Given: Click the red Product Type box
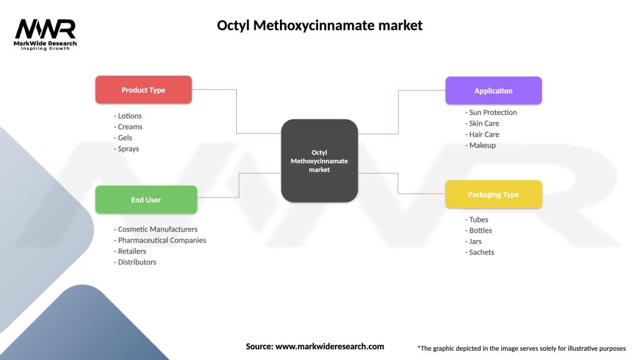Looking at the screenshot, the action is pyautogui.click(x=143, y=90).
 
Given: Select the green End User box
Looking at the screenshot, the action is pyautogui.click(x=146, y=200).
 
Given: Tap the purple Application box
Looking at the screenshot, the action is pyautogui.click(x=493, y=91).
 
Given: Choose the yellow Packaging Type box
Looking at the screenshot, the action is pyautogui.click(x=493, y=194).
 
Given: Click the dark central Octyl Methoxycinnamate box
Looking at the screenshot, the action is pyautogui.click(x=319, y=161).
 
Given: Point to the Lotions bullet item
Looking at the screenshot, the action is pyautogui.click(x=128, y=116).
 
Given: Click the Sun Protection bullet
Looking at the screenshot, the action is pyautogui.click(x=491, y=112).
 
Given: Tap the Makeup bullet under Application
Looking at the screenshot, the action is pyautogui.click(x=481, y=145).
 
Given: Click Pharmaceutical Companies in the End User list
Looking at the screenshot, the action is pyautogui.click(x=160, y=240).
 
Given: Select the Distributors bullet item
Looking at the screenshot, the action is pyautogui.click(x=135, y=262).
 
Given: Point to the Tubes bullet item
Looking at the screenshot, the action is pyautogui.click(x=477, y=219).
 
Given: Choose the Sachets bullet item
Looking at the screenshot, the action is pyautogui.click(x=480, y=252).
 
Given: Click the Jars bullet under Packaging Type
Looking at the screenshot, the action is pyautogui.click(x=475, y=241).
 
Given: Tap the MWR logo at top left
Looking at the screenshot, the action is pyautogui.click(x=46, y=34).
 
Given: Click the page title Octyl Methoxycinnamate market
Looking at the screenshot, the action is pyautogui.click(x=319, y=26).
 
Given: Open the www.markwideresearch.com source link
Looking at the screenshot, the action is pyautogui.click(x=329, y=346).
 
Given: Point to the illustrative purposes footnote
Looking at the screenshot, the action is pyautogui.click(x=521, y=348).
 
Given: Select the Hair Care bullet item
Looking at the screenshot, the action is pyautogui.click(x=482, y=134).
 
